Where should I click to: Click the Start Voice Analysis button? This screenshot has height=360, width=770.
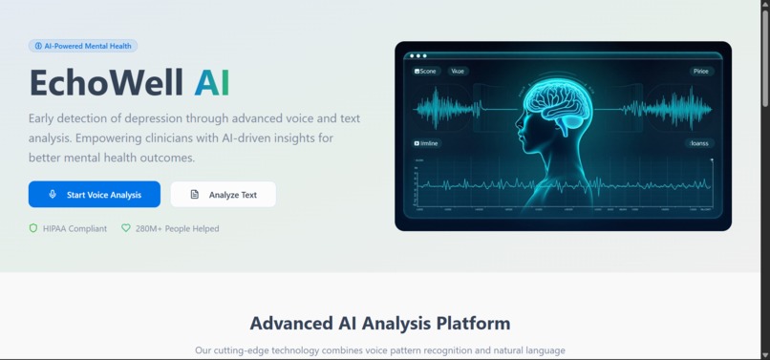pos(95,195)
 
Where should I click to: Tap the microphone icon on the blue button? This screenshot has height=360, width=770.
pos(53,195)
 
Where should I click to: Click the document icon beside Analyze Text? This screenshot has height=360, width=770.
pos(195,195)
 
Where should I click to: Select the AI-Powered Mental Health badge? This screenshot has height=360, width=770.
pos(83,46)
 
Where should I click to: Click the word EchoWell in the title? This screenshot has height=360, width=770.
pos(106,83)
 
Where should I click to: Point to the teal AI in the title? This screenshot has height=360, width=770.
pos(212,83)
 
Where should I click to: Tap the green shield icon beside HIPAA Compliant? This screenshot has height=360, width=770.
pos(33,228)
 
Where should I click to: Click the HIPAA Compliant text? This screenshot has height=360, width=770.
pos(75,228)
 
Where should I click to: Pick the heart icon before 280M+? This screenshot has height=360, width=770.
pos(125,228)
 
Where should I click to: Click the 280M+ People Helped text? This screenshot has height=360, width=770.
pos(177,228)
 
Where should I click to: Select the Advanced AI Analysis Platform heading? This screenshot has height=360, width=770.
pos(380,323)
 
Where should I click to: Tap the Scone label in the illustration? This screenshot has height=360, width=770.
pos(425,72)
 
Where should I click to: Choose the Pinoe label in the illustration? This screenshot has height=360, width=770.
pos(702,72)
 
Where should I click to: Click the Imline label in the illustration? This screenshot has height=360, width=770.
pos(426,143)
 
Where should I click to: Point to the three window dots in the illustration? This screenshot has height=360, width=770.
pos(418,56)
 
